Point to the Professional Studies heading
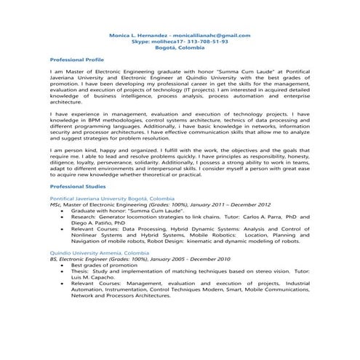point(76,187)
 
